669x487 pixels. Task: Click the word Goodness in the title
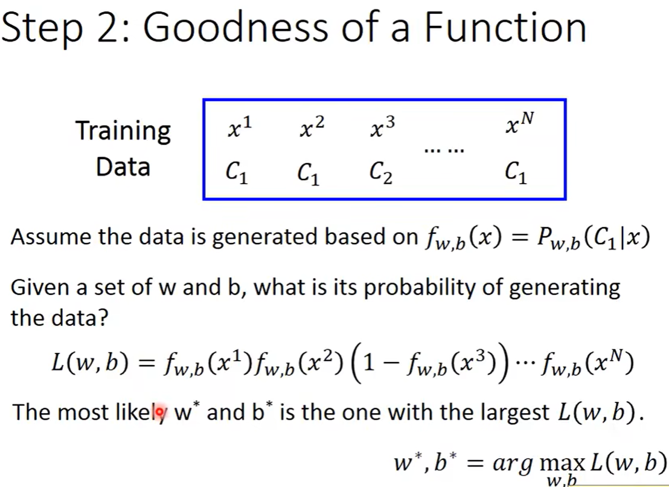235,27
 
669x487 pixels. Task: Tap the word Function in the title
505,27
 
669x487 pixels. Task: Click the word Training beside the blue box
123,131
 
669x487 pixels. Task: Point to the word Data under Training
123,166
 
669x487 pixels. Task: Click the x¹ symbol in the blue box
240,127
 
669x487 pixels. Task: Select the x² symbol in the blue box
312,127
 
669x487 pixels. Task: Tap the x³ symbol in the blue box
383,127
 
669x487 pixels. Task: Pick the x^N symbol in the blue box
519,122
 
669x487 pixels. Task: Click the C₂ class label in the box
381,173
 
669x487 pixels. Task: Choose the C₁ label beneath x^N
516,173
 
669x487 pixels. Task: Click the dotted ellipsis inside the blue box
444,150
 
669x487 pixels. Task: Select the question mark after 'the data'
103,318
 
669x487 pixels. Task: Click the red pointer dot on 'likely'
159,412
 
